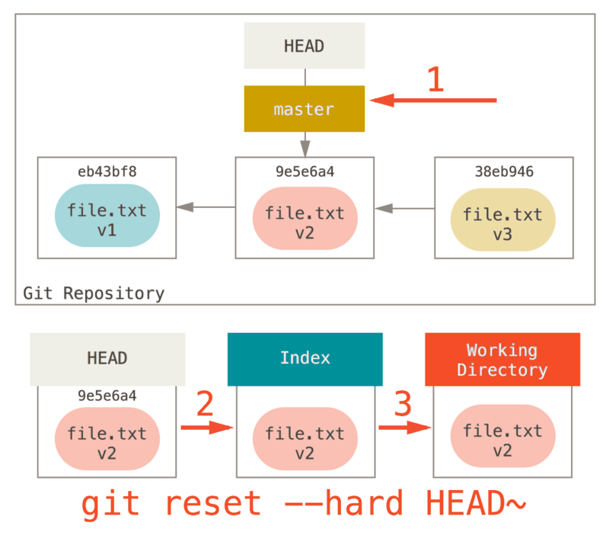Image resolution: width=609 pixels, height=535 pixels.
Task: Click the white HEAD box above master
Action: [x=304, y=46]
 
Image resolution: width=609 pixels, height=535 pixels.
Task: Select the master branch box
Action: [x=304, y=109]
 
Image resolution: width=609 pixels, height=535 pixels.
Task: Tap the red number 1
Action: [x=435, y=80]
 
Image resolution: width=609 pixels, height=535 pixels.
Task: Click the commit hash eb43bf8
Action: [x=107, y=171]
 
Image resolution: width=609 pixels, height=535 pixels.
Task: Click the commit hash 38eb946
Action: [x=503, y=171]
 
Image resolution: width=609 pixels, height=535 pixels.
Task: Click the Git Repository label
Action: [x=94, y=293]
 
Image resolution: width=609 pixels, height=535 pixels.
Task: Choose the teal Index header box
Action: [x=304, y=358]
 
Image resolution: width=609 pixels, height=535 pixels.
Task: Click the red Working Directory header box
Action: [x=502, y=359]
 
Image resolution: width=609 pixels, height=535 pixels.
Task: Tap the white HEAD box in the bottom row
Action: [x=107, y=358]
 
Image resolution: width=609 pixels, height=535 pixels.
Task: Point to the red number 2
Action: [x=205, y=405]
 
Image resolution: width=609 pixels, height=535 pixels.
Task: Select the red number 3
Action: [x=403, y=405]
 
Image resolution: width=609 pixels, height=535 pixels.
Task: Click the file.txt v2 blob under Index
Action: [x=304, y=440]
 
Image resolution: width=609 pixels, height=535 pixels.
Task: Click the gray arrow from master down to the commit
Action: [x=304, y=144]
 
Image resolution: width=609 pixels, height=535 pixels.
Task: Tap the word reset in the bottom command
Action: [x=212, y=505]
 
